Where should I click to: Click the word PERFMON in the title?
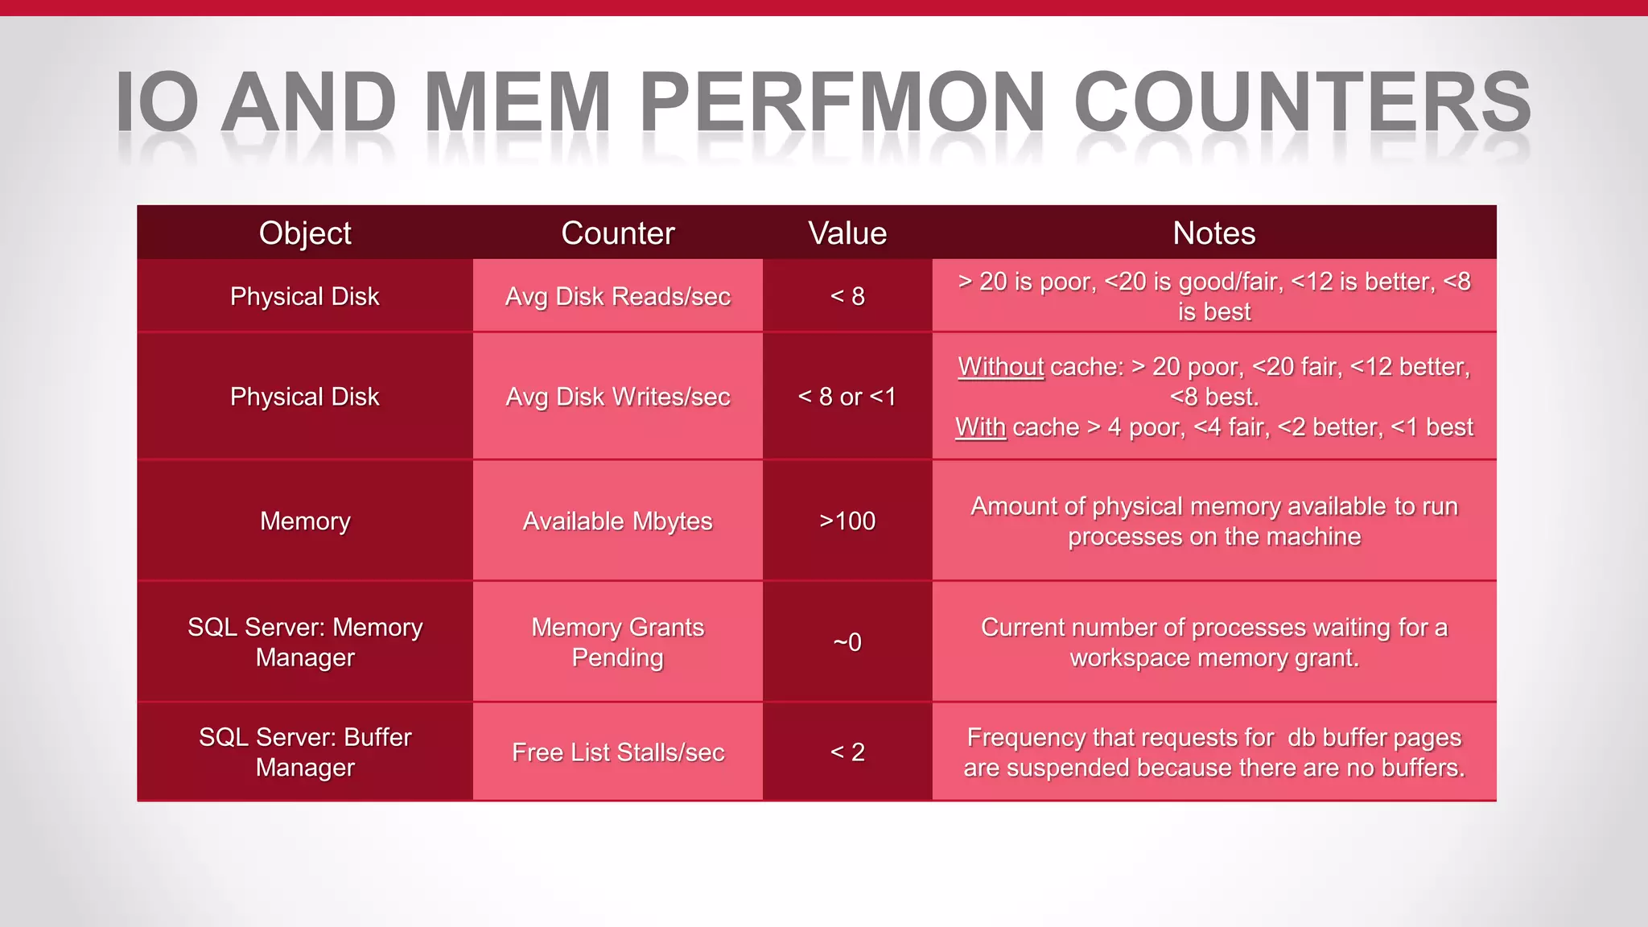point(842,102)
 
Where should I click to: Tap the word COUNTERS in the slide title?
point(1302,102)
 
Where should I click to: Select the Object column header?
point(305,233)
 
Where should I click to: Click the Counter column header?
point(617,233)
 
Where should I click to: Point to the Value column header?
point(847,233)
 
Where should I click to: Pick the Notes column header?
point(1213,233)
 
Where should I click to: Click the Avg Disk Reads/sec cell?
point(617,296)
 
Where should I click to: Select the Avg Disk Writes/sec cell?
point(617,397)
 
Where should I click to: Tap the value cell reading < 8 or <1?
point(847,397)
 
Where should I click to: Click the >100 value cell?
point(847,521)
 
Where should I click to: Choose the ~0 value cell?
point(847,642)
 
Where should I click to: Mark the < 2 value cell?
point(847,752)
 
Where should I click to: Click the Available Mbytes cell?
point(617,521)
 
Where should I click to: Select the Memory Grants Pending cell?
point(617,642)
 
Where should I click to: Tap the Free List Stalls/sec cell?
point(617,752)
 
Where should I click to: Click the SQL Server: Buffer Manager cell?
point(305,752)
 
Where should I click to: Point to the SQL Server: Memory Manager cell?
point(305,642)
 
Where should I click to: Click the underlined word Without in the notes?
point(1000,367)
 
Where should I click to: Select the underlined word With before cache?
point(980,427)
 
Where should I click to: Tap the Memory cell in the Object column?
point(305,521)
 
